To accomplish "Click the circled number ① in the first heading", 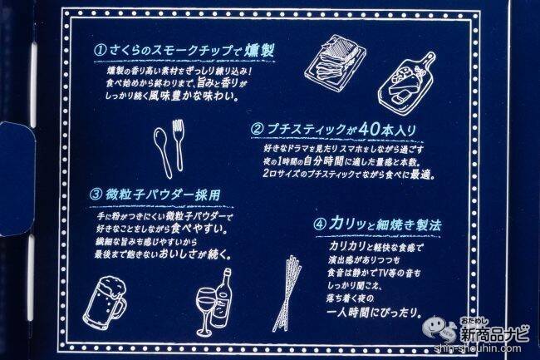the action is [x=99, y=51].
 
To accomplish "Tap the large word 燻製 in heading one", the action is [x=260, y=50].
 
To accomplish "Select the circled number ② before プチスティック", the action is [x=258, y=130].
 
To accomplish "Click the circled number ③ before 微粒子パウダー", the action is [x=96, y=195].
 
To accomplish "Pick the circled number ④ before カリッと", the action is [x=320, y=224].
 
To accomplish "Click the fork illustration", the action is [x=179, y=145].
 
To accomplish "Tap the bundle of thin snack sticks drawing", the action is [x=287, y=293].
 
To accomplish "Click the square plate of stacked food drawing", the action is [x=334, y=62].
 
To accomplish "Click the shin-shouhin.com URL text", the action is [x=478, y=348].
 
